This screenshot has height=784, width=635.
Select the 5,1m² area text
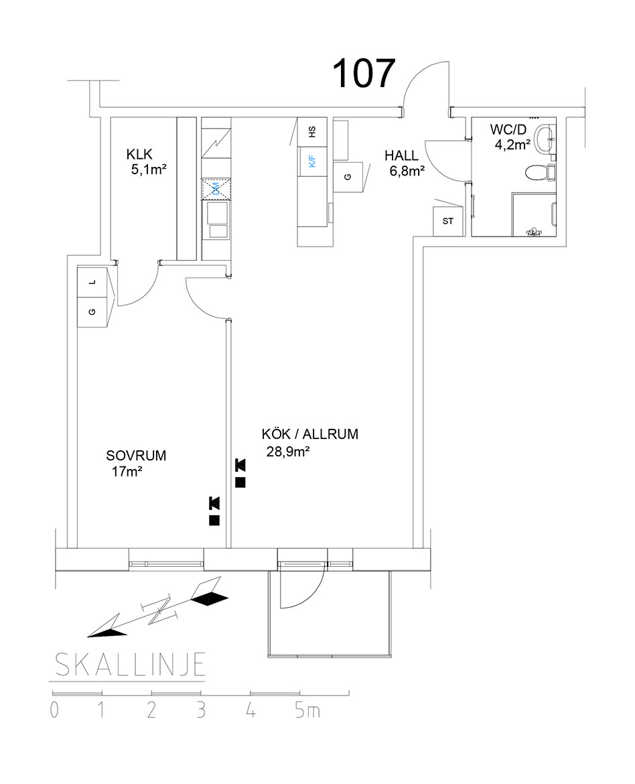click(x=149, y=170)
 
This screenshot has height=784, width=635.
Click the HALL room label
click(x=401, y=156)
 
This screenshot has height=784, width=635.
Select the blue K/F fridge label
click(x=311, y=161)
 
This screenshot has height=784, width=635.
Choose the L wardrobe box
click(x=93, y=282)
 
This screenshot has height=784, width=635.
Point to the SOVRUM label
click(x=136, y=456)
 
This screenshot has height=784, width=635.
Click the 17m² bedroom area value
click(x=127, y=472)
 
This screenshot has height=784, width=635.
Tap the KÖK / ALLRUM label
click(x=309, y=434)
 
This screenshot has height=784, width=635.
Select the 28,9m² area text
click(x=287, y=452)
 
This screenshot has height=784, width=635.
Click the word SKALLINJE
click(x=128, y=665)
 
